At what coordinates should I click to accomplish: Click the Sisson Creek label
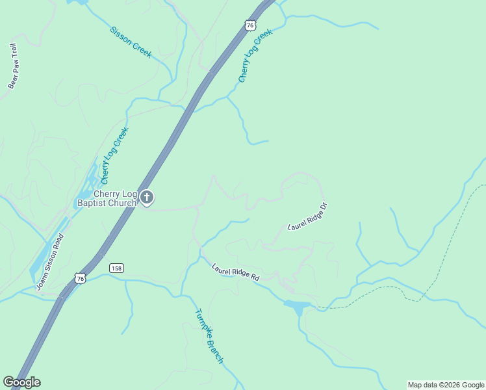(131, 42)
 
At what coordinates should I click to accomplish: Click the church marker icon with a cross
(147, 197)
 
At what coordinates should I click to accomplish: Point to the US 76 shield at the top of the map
(250, 25)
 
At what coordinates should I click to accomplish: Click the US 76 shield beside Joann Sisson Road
(80, 278)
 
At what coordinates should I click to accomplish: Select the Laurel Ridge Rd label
(235, 272)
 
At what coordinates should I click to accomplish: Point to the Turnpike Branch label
(209, 335)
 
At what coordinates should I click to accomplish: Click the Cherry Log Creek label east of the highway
(253, 55)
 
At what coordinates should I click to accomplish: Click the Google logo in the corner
(21, 382)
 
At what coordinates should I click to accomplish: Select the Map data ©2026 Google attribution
(446, 385)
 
